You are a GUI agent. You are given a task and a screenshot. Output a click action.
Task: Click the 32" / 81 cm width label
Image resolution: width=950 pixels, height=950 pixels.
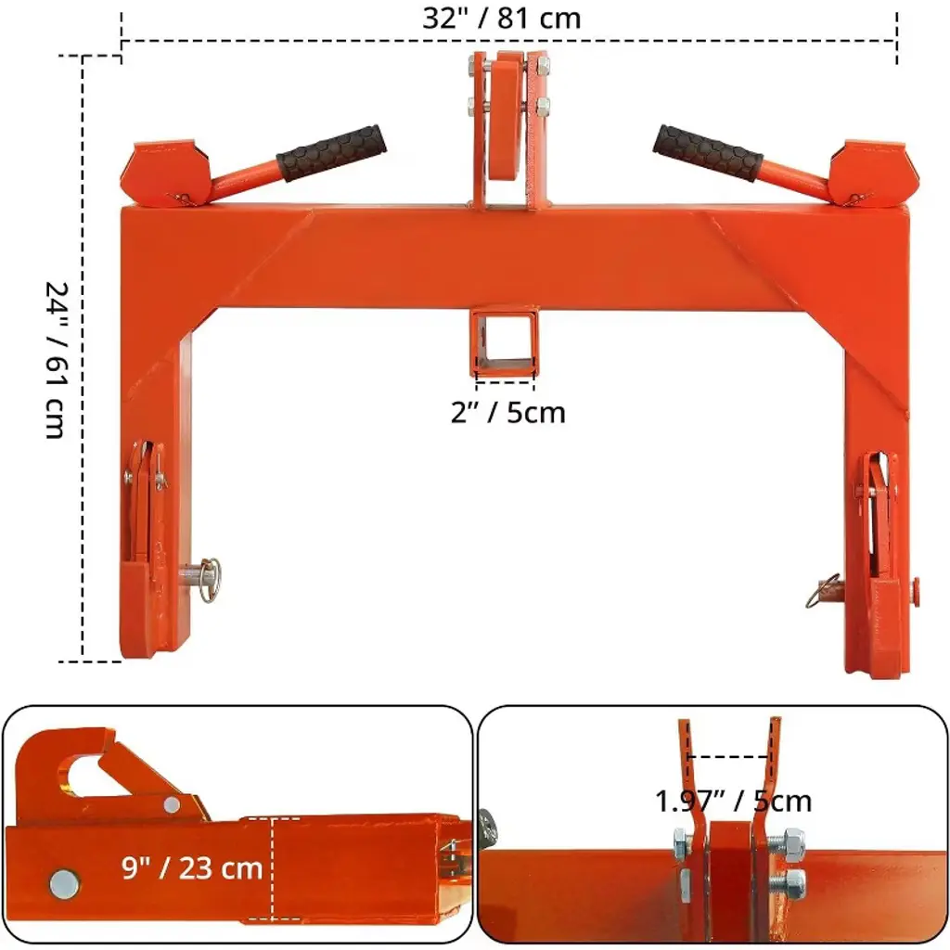tap(502, 19)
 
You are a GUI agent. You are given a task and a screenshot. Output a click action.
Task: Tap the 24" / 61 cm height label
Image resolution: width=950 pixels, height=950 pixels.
tap(57, 360)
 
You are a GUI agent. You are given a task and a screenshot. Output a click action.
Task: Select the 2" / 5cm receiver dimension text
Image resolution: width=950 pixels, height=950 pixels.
tap(507, 413)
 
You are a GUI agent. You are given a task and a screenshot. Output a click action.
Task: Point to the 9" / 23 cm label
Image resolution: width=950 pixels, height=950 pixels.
tap(192, 867)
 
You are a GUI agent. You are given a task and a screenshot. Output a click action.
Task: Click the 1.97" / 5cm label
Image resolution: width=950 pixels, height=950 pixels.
tap(733, 802)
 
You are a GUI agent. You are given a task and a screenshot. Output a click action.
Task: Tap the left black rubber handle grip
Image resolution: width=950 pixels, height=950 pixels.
tap(331, 153)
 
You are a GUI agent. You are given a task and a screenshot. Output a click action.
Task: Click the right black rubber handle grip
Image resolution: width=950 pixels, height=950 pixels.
tap(708, 153)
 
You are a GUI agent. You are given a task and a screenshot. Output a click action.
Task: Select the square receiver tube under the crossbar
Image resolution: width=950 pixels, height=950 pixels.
tap(504, 341)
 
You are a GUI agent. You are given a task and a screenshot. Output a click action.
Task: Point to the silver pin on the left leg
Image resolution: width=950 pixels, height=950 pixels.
tap(201, 579)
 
